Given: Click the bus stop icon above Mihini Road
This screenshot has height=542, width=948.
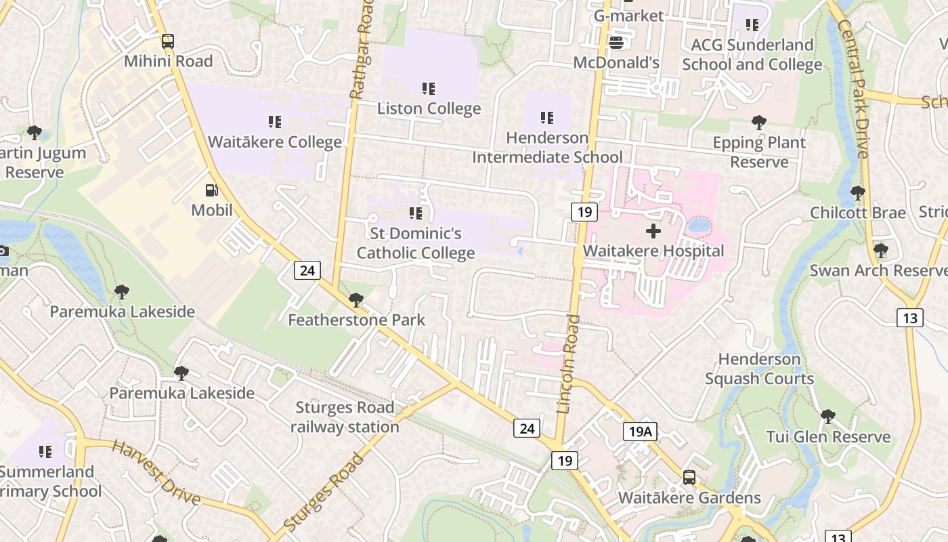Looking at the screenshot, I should click(167, 41).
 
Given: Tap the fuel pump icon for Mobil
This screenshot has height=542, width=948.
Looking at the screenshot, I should click(212, 190).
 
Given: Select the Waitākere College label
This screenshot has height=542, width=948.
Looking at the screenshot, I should click(274, 142).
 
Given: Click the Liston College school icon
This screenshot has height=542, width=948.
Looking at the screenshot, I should click(428, 89).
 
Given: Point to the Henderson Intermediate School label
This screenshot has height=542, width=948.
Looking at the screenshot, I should click(547, 148).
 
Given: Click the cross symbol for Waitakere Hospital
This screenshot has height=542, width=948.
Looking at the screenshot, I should click(653, 232).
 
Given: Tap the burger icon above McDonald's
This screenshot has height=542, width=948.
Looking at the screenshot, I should click(616, 43).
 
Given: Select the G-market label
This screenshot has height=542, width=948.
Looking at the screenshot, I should click(628, 15).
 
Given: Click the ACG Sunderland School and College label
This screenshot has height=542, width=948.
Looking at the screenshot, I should click(752, 55).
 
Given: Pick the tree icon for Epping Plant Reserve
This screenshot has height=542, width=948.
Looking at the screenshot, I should click(759, 123).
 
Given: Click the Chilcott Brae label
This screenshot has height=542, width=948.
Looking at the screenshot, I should click(858, 213).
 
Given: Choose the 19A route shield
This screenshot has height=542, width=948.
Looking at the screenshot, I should click(640, 432).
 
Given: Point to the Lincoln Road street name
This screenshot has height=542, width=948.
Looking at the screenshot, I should click(568, 364).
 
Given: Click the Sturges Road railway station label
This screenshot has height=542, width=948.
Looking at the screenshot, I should click(345, 417).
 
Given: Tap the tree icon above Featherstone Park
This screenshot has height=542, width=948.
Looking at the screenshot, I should click(355, 300).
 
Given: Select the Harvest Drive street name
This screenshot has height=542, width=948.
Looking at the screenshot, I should click(156, 473).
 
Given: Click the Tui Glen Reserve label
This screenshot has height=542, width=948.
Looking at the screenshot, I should click(828, 437).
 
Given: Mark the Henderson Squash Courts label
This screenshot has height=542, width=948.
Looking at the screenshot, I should click(759, 369).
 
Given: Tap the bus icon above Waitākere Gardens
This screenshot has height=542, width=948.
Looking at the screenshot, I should click(689, 478).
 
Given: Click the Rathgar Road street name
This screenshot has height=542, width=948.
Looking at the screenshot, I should click(361, 49).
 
